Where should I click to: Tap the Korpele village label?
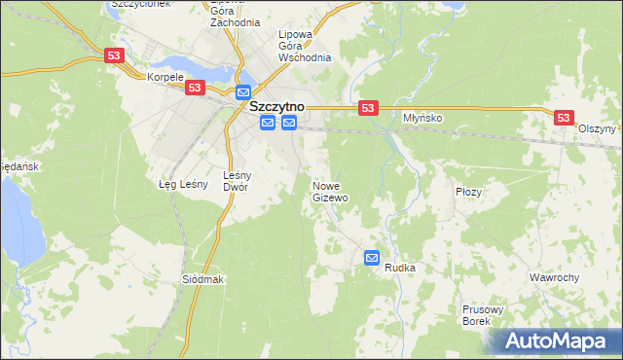click(165, 76)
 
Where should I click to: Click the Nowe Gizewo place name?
click(330, 191)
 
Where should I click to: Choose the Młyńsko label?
click(423, 118)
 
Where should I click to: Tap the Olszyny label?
click(597, 128)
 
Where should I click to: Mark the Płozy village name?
click(469, 193)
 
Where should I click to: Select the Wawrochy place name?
click(554, 277)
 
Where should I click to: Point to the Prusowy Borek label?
click(483, 315)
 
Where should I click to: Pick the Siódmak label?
click(203, 279)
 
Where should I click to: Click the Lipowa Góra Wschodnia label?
click(305, 45)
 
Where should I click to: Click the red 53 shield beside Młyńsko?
click(367, 108)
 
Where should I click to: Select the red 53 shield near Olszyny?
click(563, 117)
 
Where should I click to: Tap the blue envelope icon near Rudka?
click(372, 257)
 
